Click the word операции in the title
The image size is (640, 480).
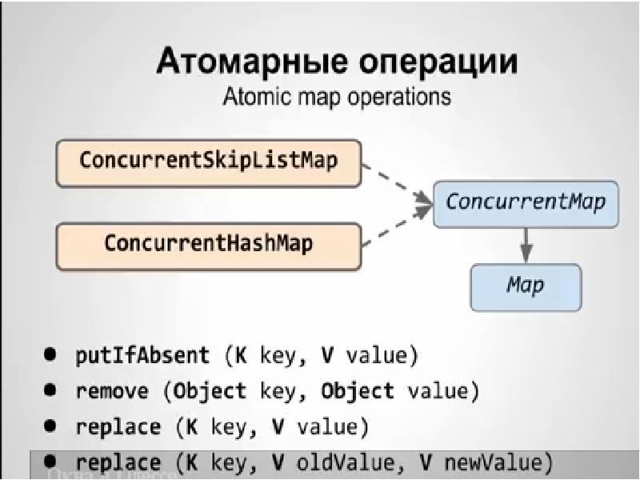point(427,62)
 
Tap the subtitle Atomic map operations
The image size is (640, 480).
point(336,98)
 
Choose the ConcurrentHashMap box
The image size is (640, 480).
point(208,243)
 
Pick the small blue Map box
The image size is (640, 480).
point(526,286)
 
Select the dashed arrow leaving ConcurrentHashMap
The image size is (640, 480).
point(392,226)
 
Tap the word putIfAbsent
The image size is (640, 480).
point(142,354)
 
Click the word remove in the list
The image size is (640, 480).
point(112,391)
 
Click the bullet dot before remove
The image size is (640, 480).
point(51,390)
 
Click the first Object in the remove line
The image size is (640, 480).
point(210,391)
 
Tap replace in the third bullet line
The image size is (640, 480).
point(118,427)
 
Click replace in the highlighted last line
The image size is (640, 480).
point(118,462)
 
